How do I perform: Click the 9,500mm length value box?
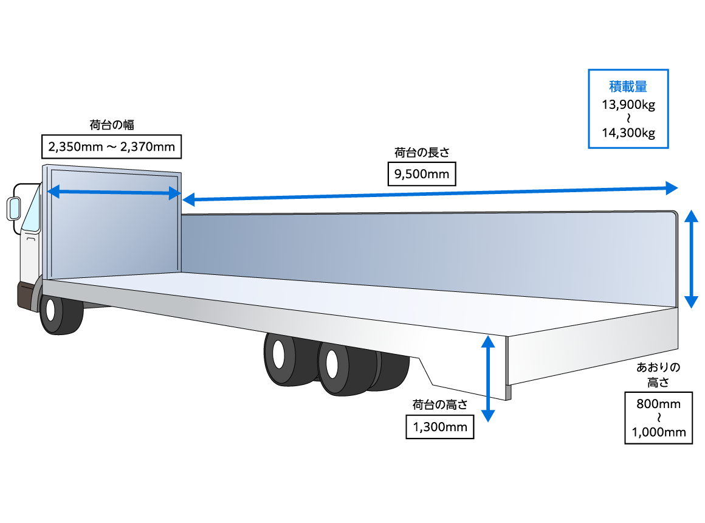pyautogui.click(x=421, y=175)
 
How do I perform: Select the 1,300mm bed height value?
pyautogui.click(x=440, y=427)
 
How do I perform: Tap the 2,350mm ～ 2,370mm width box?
pyautogui.click(x=111, y=147)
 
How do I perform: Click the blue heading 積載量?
pyautogui.click(x=628, y=87)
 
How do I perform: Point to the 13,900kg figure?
pyautogui.click(x=628, y=105)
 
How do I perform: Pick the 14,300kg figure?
pyautogui.click(x=628, y=133)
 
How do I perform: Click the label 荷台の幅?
pyautogui.click(x=111, y=125)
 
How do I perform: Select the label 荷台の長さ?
pyautogui.click(x=421, y=152)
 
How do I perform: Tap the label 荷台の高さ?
pyautogui.click(x=439, y=404)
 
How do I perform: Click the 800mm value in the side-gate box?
pyautogui.click(x=658, y=404)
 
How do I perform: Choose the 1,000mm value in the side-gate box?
pyautogui.click(x=658, y=432)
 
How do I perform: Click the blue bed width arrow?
pyautogui.click(x=114, y=193)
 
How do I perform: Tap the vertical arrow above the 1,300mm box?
pyautogui.click(x=487, y=377)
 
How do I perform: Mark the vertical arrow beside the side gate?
pyautogui.click(x=691, y=258)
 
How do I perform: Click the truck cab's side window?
pyautogui.click(x=32, y=210)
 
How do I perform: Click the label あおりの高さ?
pyautogui.click(x=658, y=375)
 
